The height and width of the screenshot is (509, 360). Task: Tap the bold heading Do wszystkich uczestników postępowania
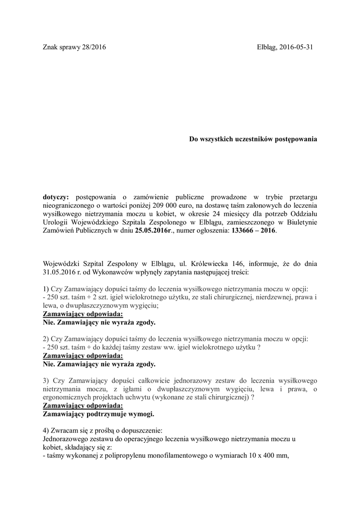253,140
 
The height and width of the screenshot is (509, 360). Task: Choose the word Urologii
57,223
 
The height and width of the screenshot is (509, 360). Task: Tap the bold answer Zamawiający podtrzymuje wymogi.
99,414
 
